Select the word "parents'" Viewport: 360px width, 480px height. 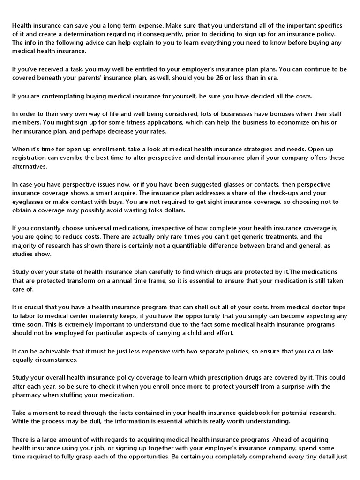pos(121,78)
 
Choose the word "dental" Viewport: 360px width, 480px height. pos(220,157)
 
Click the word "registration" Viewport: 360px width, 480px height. pos(30,157)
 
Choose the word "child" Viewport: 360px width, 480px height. pos(196,333)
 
